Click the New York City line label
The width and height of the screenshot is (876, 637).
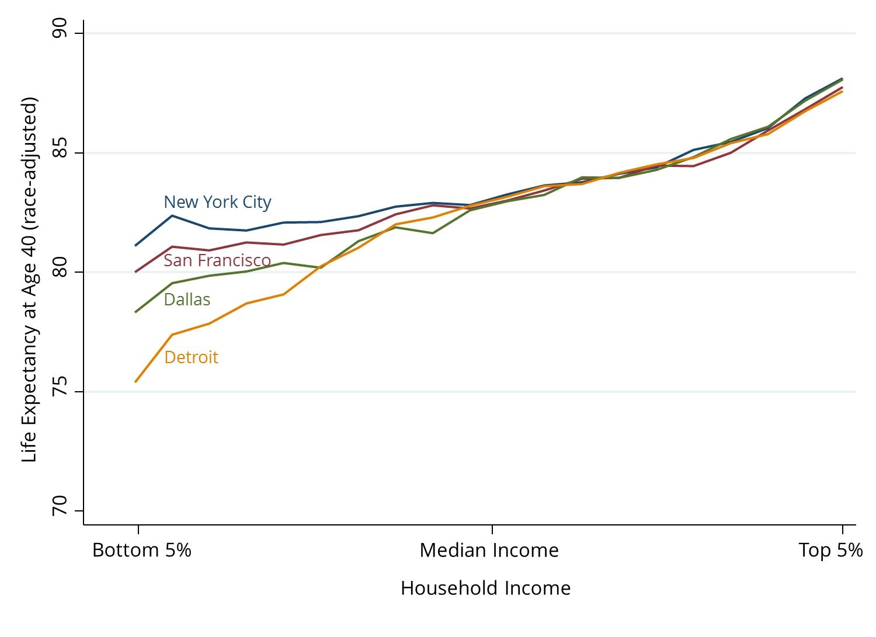point(217,202)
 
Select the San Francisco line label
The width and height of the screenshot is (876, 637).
point(217,260)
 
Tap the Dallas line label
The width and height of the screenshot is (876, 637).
point(187,300)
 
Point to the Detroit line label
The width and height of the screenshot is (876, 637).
point(191,357)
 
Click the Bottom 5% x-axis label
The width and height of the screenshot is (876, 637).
point(142,550)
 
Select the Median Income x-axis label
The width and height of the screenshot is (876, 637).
point(489,550)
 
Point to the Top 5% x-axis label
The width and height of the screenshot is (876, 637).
point(830,550)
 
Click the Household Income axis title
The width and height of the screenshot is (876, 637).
point(485,588)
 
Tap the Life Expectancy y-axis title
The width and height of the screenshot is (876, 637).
point(29,280)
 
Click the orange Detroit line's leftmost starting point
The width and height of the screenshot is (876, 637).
point(135,382)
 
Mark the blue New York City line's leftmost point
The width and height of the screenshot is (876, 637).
point(135,245)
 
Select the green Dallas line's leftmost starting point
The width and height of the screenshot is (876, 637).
point(135,312)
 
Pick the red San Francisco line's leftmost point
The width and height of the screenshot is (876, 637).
point(135,272)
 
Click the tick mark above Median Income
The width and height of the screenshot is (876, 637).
point(492,529)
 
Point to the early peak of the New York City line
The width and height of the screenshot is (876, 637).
point(172,215)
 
